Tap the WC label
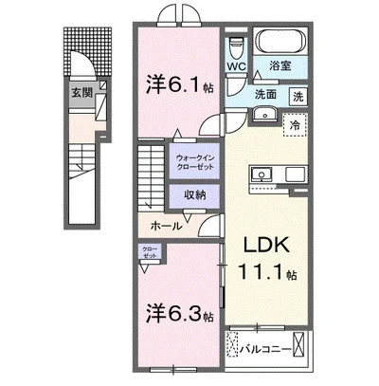coord(236,66)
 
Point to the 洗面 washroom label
coord(264,95)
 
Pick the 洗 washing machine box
coord(297,96)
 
